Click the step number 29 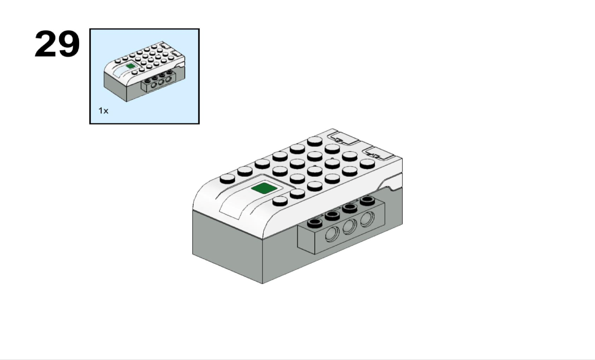57,44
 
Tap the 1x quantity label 103,111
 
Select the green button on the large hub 264,188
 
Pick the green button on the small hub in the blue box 130,65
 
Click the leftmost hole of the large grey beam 332,235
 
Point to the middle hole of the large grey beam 349,227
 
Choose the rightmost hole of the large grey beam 367,219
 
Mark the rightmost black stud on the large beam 367,200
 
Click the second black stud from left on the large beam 332,215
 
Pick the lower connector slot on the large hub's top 379,153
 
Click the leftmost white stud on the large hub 228,179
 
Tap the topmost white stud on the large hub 315,141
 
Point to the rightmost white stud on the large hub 367,164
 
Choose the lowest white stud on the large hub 280,201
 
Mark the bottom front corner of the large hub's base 262,284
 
